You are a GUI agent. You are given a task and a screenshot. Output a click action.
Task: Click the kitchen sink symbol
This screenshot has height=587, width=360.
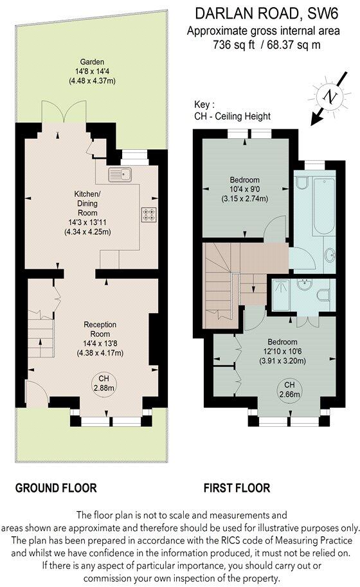coord(119,173)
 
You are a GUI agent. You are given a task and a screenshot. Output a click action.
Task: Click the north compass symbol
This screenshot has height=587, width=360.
coord(330,98)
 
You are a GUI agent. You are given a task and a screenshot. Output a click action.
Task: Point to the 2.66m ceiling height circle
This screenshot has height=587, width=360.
coord(282,388)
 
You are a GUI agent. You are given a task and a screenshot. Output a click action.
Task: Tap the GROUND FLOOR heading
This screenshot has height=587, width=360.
coord(57,488)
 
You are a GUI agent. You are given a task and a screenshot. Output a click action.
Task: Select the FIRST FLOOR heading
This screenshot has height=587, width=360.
coord(237,488)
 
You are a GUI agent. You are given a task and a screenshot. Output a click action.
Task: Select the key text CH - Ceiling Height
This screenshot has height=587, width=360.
coord(231,116)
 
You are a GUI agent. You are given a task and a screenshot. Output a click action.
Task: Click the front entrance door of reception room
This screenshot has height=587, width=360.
coord(34,390)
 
